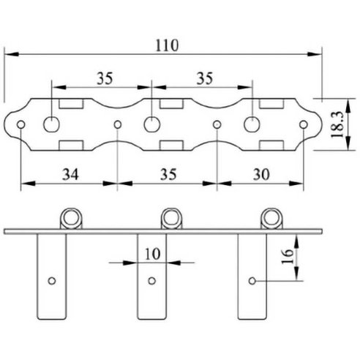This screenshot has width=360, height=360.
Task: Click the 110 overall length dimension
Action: point(167,45)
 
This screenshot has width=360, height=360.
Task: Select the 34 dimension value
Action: point(70,175)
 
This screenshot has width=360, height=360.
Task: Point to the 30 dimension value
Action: point(261,175)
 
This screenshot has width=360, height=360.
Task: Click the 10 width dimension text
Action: point(153,254)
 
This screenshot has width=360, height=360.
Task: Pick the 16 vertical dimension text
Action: point(288,257)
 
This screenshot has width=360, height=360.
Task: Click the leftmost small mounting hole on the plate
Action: point(20,124)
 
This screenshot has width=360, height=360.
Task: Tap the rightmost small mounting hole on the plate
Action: point(304,124)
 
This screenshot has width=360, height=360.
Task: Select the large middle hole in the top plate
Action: point(152,124)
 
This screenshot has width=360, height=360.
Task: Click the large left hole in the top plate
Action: point(51,124)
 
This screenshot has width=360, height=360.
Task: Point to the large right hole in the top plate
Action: point(252,124)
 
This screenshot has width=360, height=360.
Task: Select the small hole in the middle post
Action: point(152,281)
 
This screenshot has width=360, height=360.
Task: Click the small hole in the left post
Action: point(52,281)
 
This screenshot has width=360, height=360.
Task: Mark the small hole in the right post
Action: point(252,281)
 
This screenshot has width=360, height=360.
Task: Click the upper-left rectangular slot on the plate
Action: point(72,103)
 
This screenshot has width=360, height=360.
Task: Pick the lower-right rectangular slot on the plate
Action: point(271,146)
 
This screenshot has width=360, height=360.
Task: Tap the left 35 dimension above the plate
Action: point(105,78)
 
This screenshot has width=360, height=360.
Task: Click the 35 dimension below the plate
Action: point(168,175)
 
